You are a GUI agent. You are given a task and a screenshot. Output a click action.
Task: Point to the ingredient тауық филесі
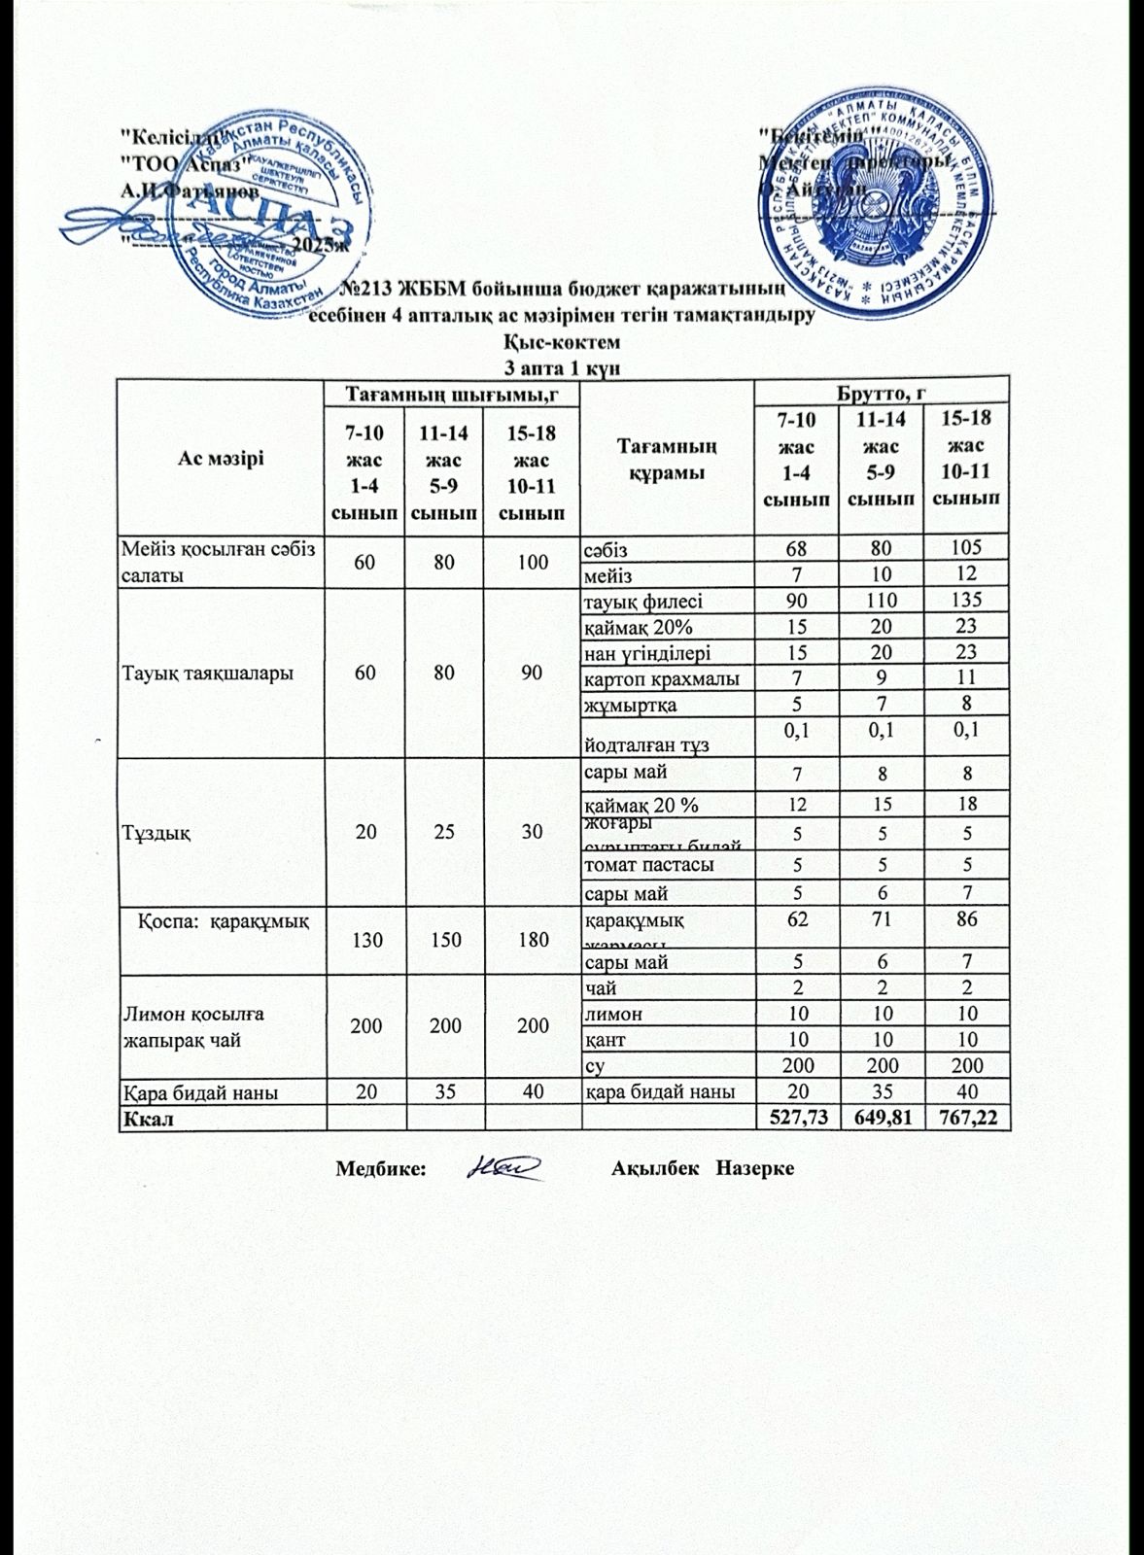pos(642,601)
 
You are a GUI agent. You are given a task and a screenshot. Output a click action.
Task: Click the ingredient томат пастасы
pos(648,863)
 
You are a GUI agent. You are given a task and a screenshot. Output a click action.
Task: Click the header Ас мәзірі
pos(220,457)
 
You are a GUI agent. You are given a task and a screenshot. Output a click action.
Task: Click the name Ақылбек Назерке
pos(703,1168)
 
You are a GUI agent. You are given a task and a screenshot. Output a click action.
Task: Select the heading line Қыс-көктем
pos(563,343)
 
